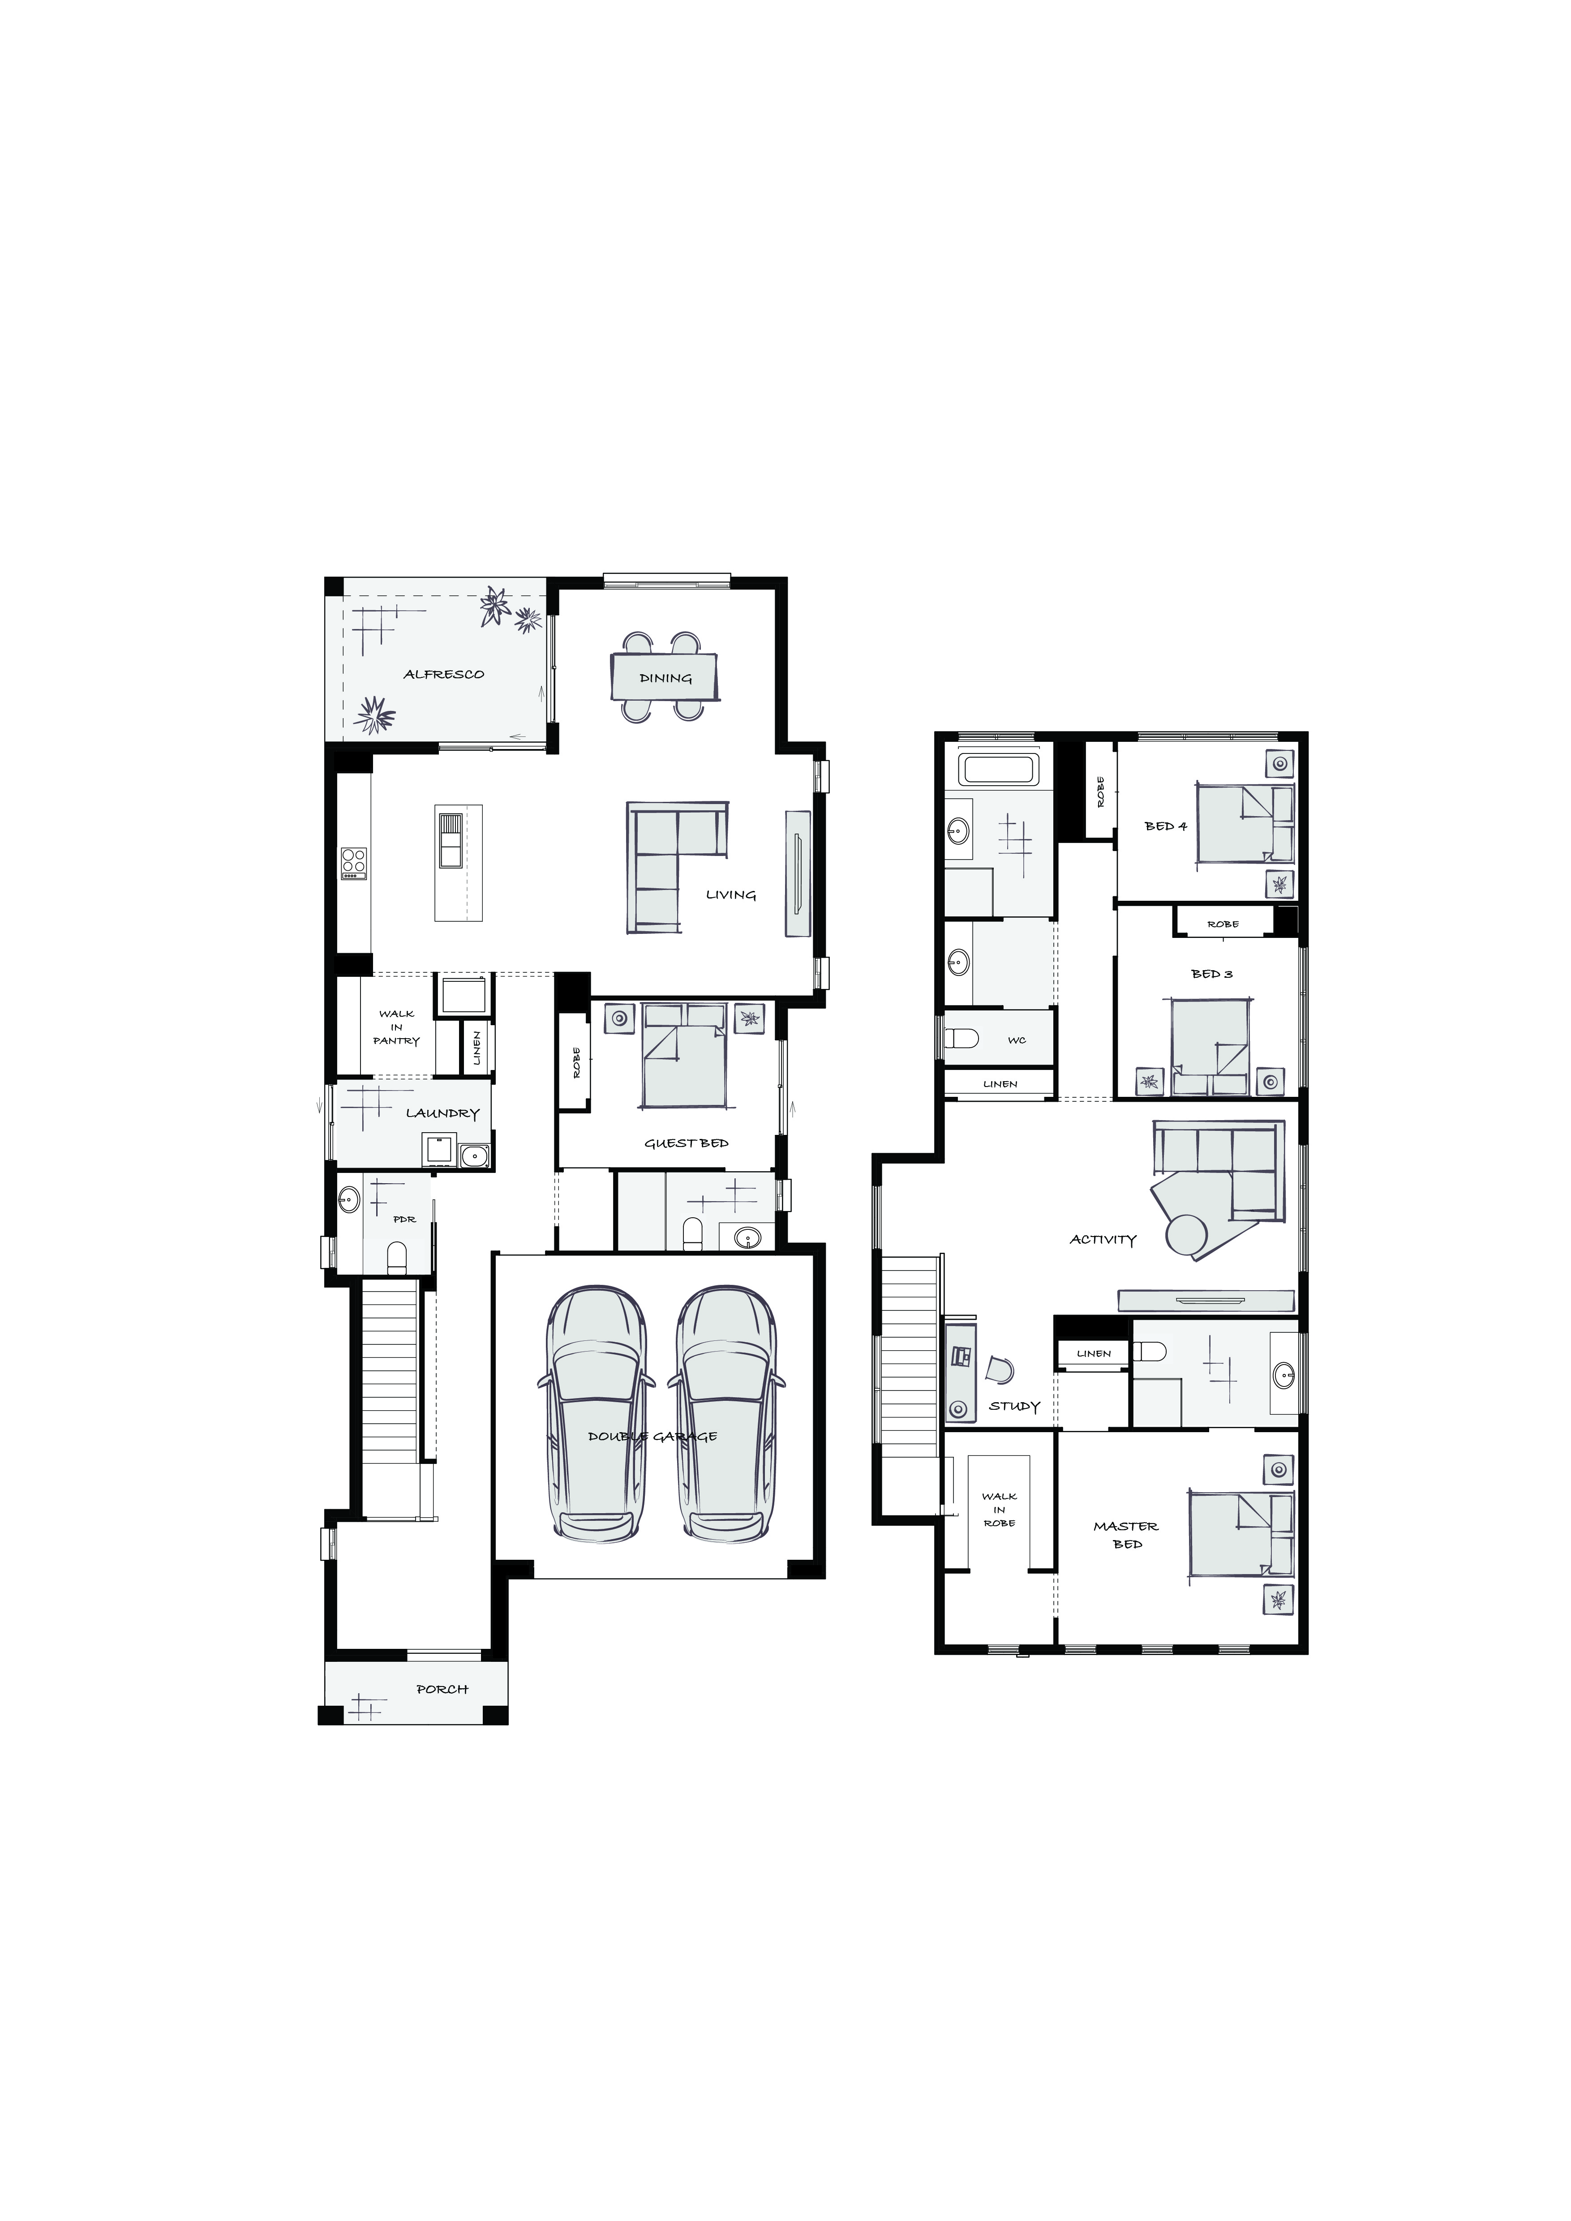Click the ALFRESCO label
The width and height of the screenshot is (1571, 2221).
[444, 674]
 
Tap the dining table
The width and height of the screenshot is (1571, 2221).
[665, 677]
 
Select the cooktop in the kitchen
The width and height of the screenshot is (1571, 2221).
[353, 863]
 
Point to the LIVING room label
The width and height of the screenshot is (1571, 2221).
[731, 895]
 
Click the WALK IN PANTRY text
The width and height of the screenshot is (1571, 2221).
[397, 1027]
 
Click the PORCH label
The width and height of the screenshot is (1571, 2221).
[442, 1689]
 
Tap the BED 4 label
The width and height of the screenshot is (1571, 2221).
[1166, 826]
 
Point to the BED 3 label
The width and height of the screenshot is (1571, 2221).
[1212, 974]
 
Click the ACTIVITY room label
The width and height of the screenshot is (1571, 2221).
[1103, 1239]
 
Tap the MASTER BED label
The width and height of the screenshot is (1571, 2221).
[1126, 1535]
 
